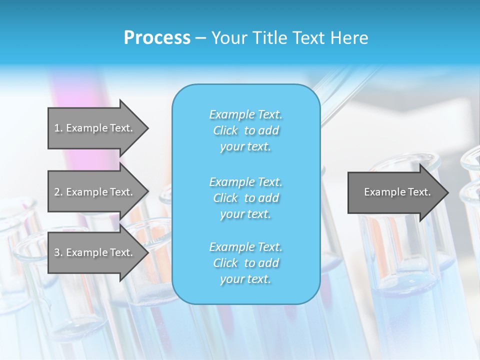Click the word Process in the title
pyautogui.click(x=157, y=38)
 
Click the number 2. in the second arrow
pyautogui.click(x=58, y=192)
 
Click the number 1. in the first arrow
pyautogui.click(x=58, y=128)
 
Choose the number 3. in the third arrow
pyautogui.click(x=58, y=252)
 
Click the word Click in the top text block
pyautogui.click(x=225, y=130)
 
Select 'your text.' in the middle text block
pyautogui.click(x=245, y=214)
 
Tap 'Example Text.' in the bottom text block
pyautogui.click(x=245, y=247)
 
